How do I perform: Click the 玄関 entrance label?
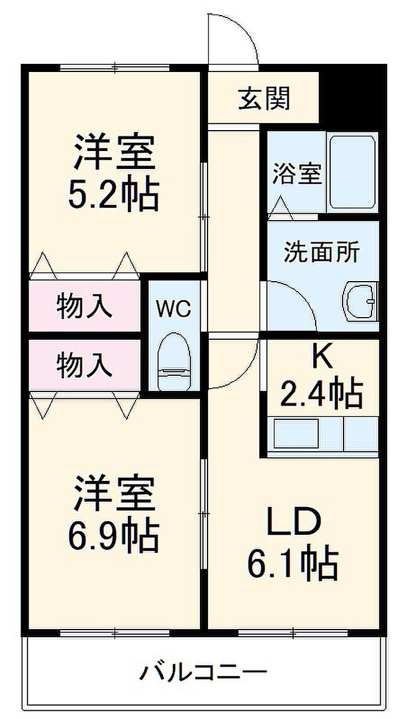263,99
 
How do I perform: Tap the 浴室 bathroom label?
297,174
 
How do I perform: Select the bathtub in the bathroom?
352,173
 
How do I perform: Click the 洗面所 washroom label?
322,252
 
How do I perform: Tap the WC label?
173,309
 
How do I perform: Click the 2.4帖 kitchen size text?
322,394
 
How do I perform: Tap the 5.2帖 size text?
113,195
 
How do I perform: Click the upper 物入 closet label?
84,306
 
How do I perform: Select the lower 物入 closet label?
84,365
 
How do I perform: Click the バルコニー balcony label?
203,674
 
